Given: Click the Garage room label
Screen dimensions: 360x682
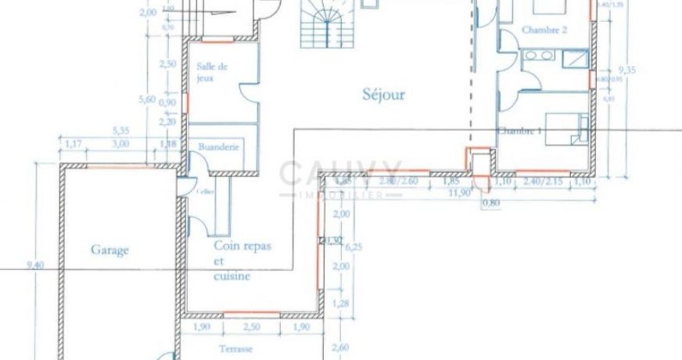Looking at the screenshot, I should pos(109,250).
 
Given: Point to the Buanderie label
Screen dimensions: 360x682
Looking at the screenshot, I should pos(219,146).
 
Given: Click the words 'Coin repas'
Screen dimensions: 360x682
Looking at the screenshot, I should pos(242,246).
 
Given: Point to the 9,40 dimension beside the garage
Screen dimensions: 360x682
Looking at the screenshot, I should pos(35,265).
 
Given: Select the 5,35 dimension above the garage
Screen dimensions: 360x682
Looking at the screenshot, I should pos(120,131).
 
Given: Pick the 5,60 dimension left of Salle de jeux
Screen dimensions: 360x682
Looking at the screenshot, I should pos(146,99).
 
